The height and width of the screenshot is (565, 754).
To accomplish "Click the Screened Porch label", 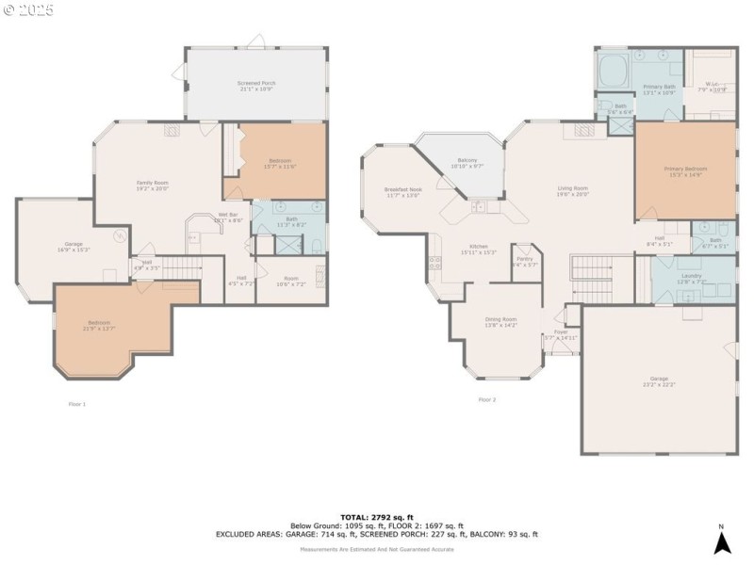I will coord(255,83).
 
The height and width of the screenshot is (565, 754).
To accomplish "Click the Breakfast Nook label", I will coord(402,189).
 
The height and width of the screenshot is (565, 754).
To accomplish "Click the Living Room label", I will coord(572,188).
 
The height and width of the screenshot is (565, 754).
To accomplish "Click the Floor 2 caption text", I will coord(486,399).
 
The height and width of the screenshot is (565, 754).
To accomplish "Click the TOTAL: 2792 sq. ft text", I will coord(376,517).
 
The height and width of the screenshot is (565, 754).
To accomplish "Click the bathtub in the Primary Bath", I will coord(615,70).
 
